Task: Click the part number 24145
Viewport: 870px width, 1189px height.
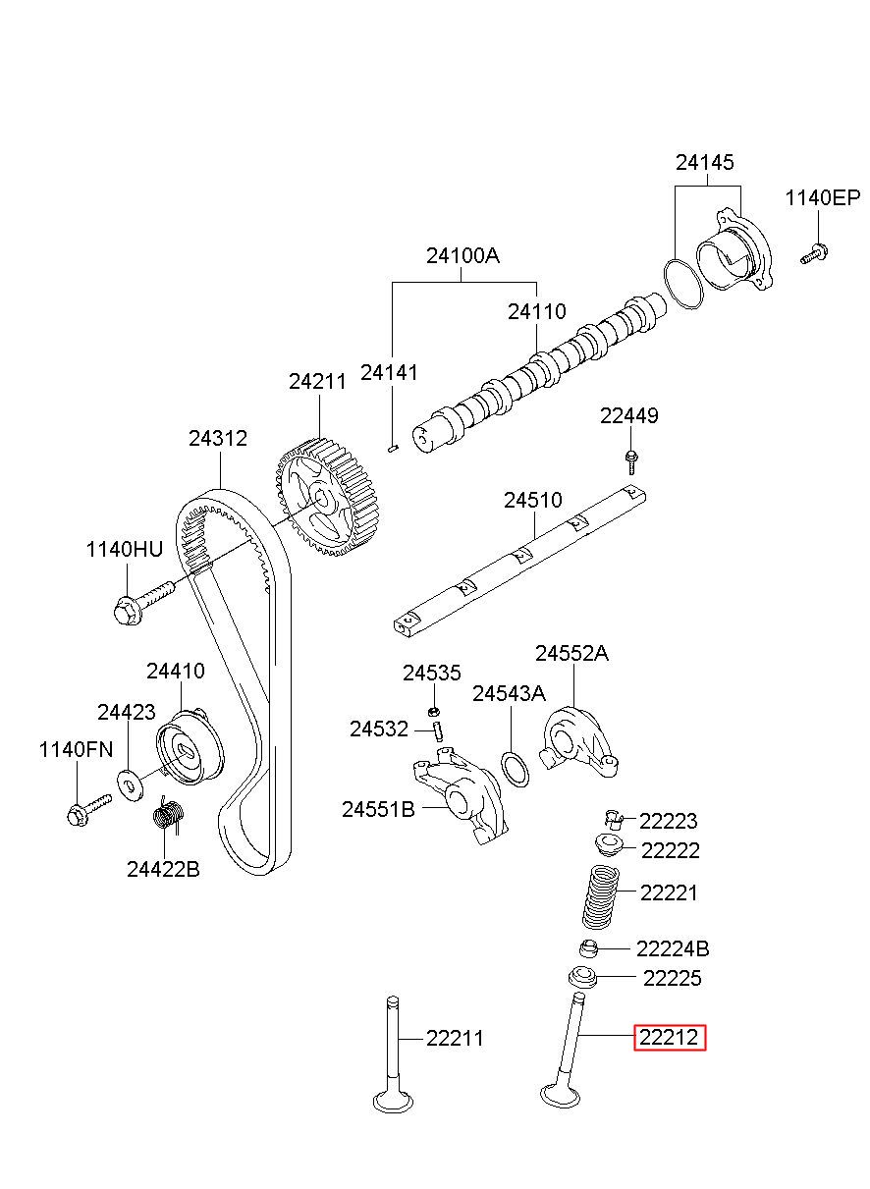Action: tap(704, 162)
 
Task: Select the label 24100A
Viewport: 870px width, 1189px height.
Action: tap(462, 256)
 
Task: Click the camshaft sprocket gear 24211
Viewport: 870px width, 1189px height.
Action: tap(330, 497)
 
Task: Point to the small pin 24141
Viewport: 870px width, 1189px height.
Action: tap(393, 449)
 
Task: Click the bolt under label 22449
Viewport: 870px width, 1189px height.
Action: tap(631, 461)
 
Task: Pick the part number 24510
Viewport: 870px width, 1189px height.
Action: tap(532, 500)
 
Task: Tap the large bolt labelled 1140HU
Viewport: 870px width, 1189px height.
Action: tap(143, 603)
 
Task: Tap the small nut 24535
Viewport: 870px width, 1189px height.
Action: tap(433, 711)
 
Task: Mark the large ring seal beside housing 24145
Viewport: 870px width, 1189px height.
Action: tap(683, 284)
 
